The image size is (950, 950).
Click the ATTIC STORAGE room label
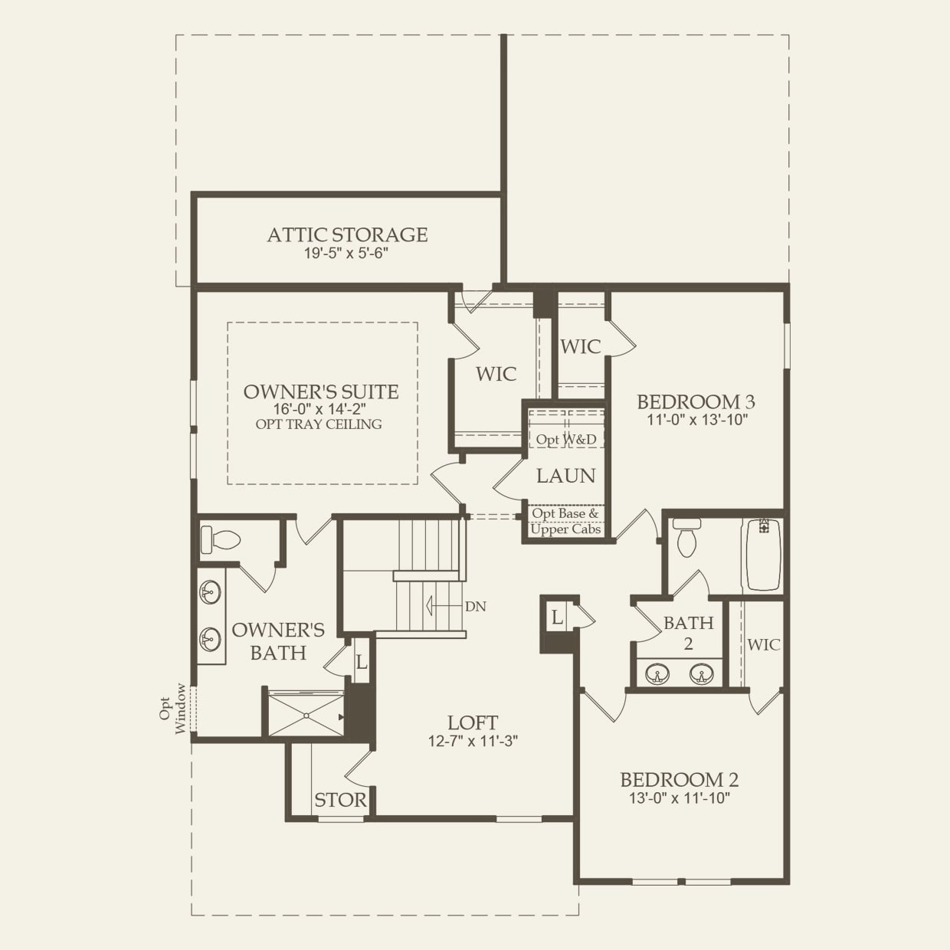click(347, 235)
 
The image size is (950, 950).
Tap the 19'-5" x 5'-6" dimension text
click(347, 254)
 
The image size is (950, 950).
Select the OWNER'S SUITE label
click(321, 391)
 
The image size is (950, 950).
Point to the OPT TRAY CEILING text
click(319, 424)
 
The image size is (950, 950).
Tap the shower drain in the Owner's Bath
click(306, 716)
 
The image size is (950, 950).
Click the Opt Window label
click(172, 709)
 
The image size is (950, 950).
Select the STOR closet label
click(340, 801)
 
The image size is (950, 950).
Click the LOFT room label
click(473, 722)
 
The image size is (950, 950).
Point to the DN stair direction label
click(475, 606)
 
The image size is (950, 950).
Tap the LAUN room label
click(565, 476)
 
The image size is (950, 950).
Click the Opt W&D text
click(566, 440)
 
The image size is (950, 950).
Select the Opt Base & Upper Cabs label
click(565, 522)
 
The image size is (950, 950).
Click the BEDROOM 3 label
click(696, 401)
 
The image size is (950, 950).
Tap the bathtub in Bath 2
click(763, 554)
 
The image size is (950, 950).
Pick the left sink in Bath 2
click(657, 674)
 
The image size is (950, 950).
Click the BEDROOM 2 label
click(679, 780)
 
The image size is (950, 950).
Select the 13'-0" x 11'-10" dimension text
click(679, 798)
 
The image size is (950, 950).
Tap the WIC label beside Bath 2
click(763, 644)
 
